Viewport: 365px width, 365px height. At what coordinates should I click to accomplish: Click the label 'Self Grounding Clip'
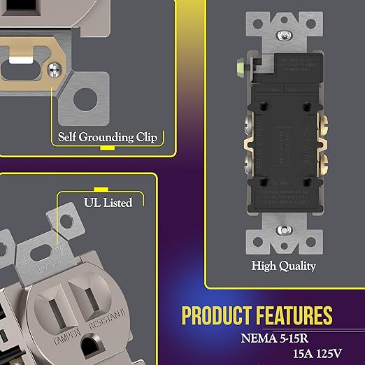tap(107, 136)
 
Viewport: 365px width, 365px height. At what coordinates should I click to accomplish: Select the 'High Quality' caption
tap(284, 266)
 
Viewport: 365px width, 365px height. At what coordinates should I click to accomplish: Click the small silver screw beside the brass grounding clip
tap(55, 68)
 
